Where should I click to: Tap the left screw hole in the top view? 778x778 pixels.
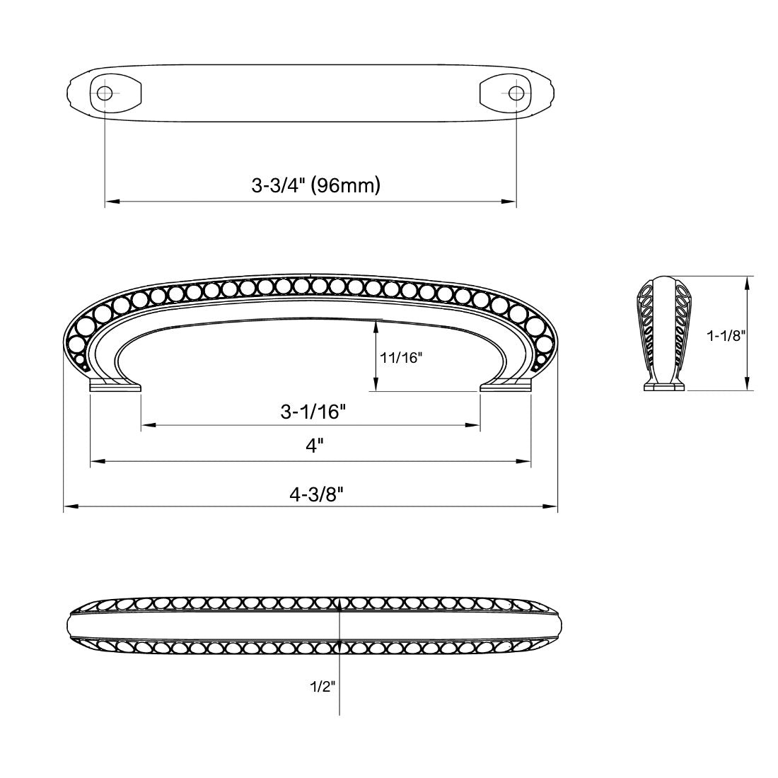[x=105, y=93]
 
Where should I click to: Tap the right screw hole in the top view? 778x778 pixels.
[x=516, y=93]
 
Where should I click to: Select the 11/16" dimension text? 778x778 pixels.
[x=400, y=358]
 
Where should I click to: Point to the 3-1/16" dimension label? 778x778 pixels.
[x=311, y=411]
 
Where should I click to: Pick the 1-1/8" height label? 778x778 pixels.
[x=726, y=336]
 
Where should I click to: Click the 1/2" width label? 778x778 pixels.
[x=321, y=685]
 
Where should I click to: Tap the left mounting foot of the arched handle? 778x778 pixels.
[x=115, y=385]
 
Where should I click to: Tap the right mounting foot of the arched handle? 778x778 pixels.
[x=506, y=385]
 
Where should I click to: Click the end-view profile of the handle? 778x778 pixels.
[x=663, y=332]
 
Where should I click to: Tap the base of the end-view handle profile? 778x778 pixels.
[x=663, y=385]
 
